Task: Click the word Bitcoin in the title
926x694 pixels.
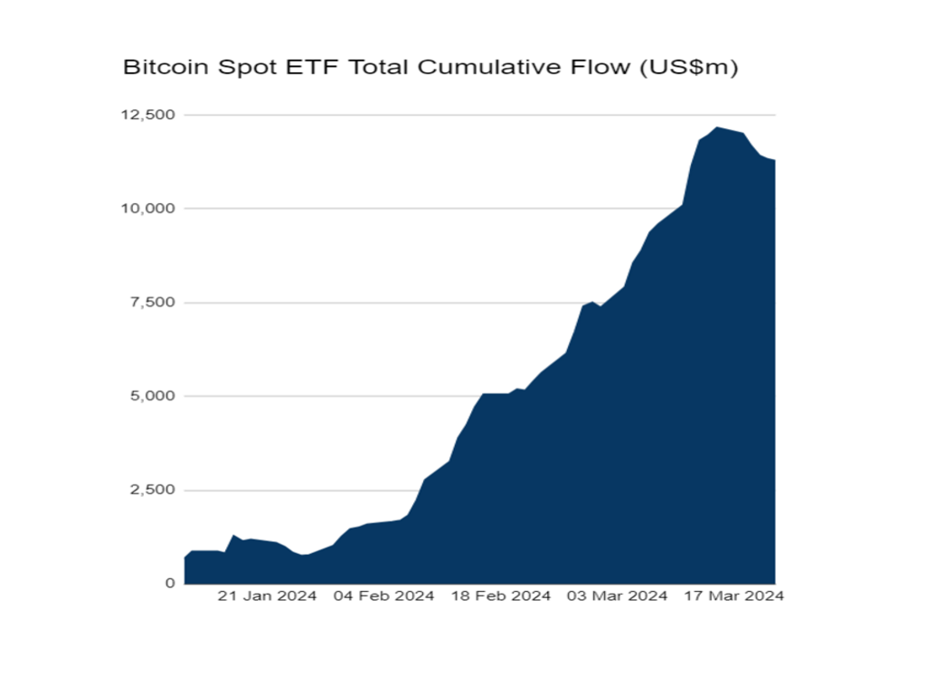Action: (x=157, y=68)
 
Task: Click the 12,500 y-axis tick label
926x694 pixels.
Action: (x=149, y=115)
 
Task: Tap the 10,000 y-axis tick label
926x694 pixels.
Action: (x=149, y=209)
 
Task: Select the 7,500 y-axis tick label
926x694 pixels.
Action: (x=153, y=302)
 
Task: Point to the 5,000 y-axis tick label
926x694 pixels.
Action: (x=153, y=396)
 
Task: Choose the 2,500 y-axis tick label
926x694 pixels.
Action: (x=153, y=490)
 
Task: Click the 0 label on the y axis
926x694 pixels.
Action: (x=169, y=584)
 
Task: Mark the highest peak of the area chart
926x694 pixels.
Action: (x=716, y=127)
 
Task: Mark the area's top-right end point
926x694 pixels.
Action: (x=775, y=161)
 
